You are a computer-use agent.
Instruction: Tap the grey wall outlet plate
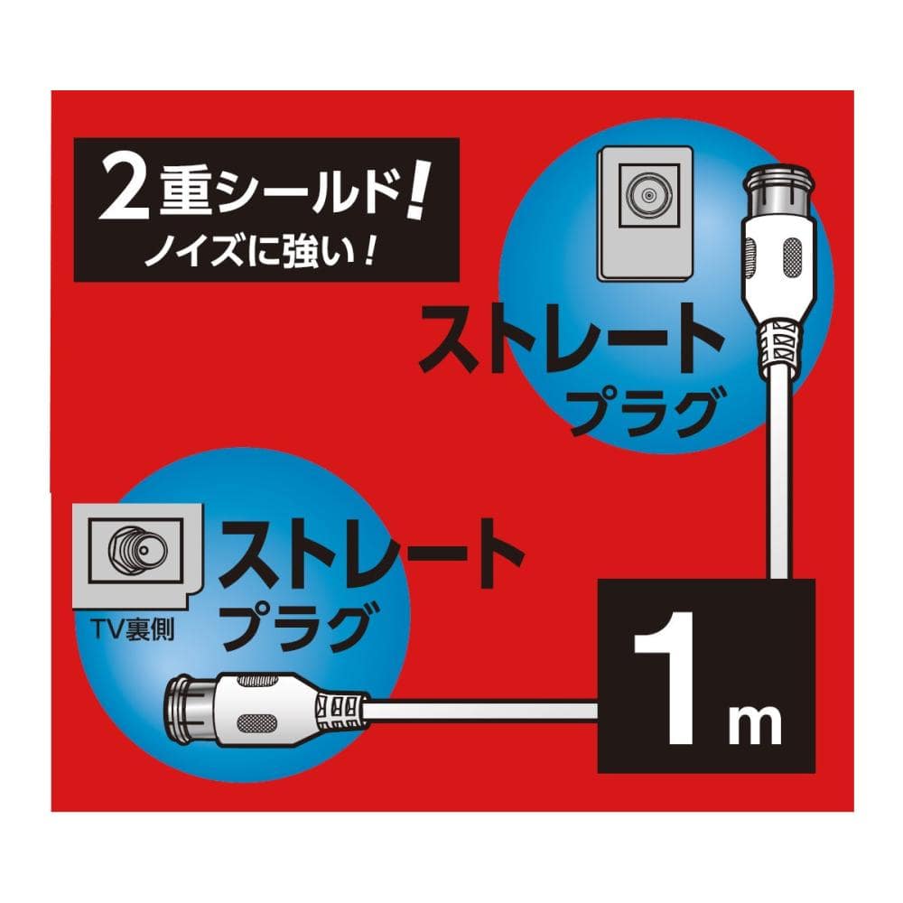coord(645,214)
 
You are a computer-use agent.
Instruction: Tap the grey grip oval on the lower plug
coord(256,721)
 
